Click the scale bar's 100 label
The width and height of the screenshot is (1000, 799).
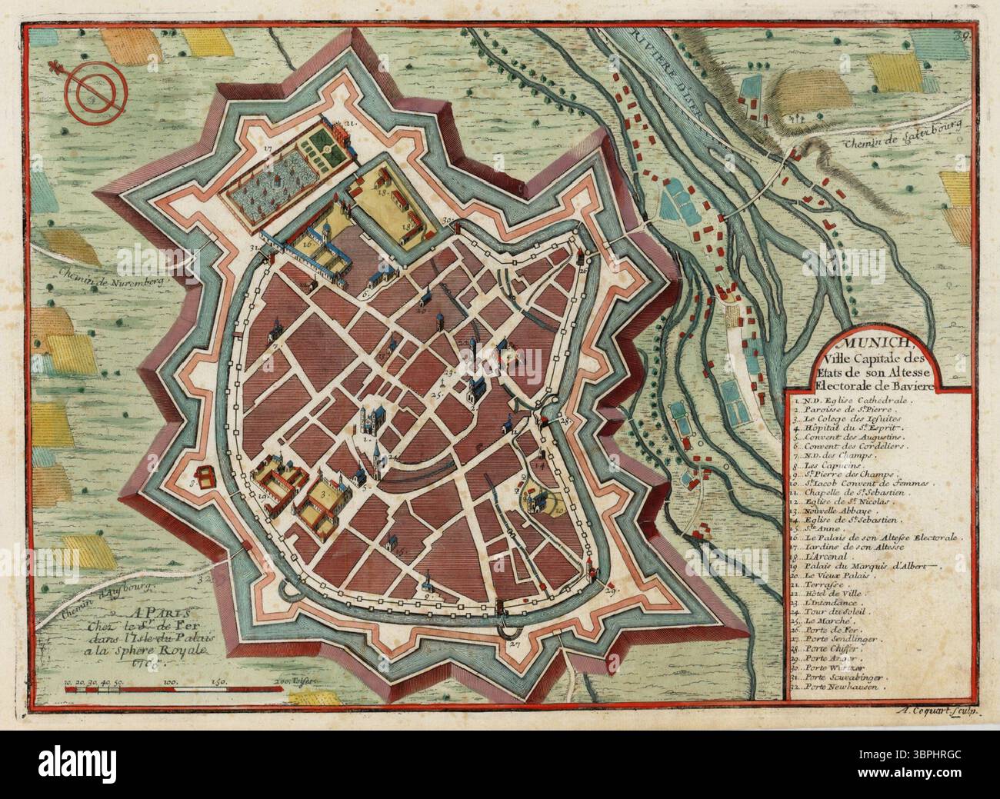pyautogui.click(x=170, y=660)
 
